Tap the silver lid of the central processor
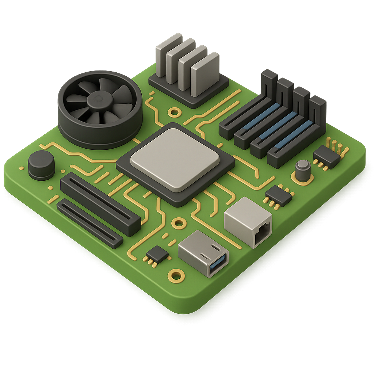175,159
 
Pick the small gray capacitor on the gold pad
303,170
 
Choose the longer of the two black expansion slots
100,204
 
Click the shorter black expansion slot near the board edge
89,223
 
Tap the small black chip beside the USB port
157,253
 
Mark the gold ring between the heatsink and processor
174,111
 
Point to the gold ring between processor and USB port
179,222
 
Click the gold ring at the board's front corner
176,275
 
